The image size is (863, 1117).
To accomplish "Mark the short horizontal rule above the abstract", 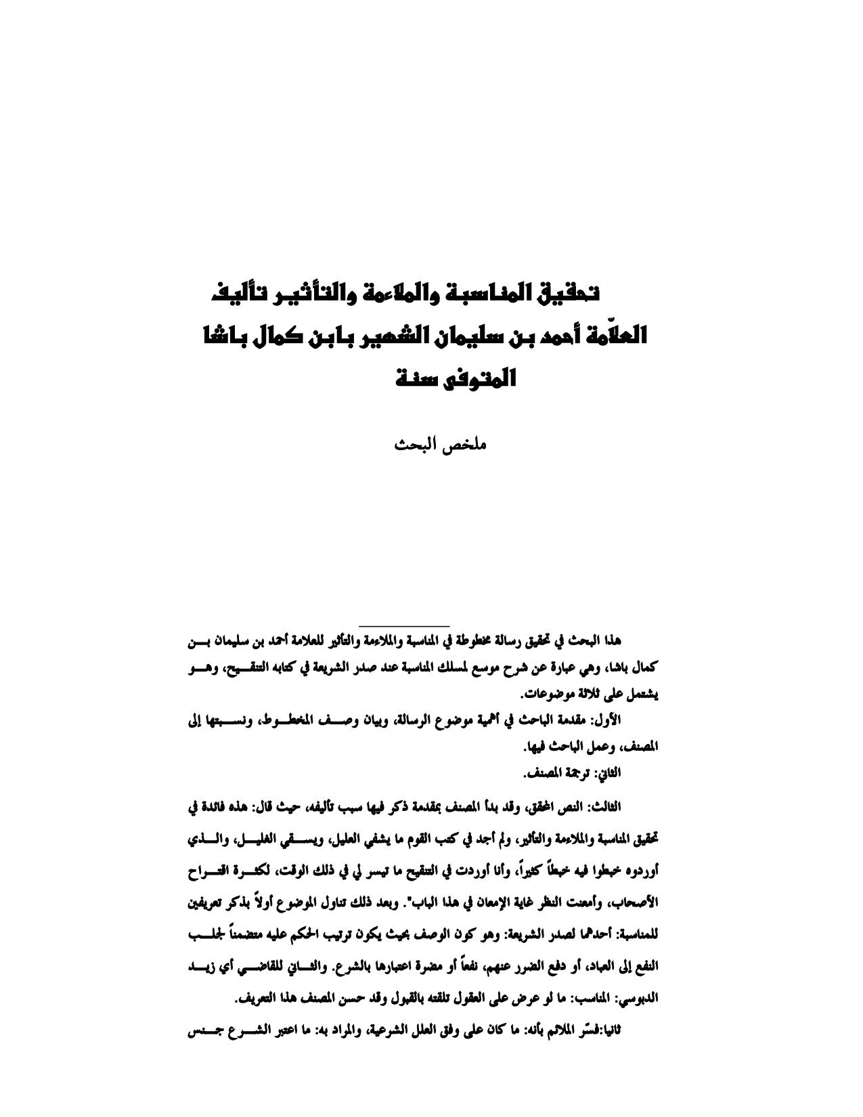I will [x=404, y=624].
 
